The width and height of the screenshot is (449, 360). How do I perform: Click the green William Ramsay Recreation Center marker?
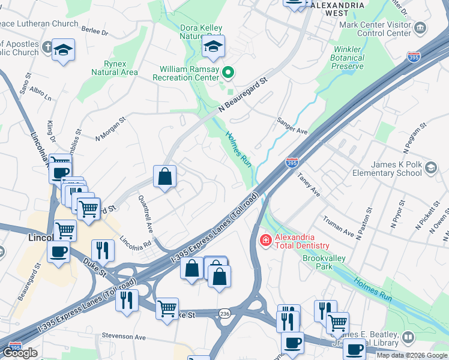point(228,73)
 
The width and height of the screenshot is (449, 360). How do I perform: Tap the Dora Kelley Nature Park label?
point(202,32)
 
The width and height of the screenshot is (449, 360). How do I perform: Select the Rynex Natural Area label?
point(114,68)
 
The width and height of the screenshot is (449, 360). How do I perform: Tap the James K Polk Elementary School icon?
point(430,167)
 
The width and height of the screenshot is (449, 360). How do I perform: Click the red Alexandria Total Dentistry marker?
point(264,240)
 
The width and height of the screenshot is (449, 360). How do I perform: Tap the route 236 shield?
point(224,313)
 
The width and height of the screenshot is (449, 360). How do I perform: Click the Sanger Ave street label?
point(292,125)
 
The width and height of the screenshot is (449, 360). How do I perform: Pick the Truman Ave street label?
point(338,224)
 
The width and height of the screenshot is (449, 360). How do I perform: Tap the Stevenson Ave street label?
point(124,337)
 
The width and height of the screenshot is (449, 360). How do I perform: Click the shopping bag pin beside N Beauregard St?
point(164,176)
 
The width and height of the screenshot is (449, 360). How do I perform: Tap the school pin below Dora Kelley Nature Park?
point(213,47)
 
